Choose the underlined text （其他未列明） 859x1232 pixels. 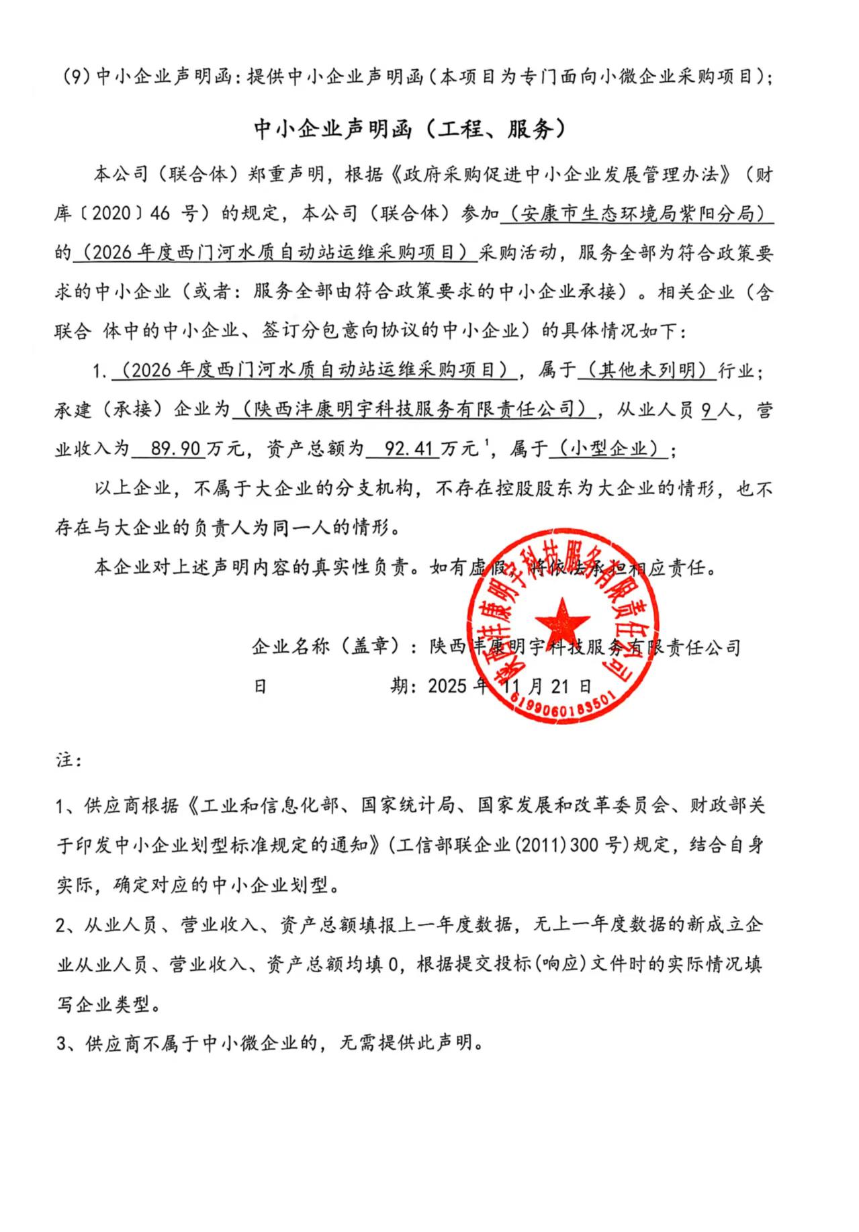[x=647, y=370]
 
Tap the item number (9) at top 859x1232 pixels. [x=76, y=77]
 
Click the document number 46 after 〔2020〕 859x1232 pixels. [x=161, y=214]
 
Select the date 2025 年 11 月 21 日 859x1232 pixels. [x=510, y=686]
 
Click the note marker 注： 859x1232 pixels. [x=69, y=761]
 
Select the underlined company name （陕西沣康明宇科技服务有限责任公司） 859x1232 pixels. [x=412, y=409]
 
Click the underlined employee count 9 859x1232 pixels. [x=707, y=410]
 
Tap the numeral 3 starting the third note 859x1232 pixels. [x=62, y=1044]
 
